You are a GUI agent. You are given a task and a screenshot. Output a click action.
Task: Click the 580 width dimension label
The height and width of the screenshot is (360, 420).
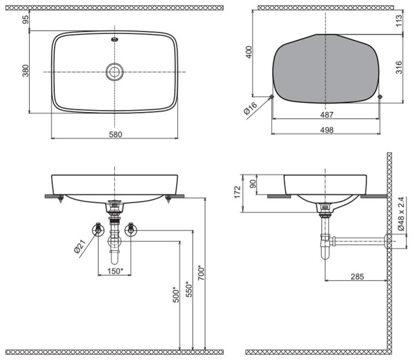115,133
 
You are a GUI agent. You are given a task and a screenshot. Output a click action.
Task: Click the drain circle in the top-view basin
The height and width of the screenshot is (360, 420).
114,71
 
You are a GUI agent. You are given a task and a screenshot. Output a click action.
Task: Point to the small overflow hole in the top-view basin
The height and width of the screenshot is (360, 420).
114,39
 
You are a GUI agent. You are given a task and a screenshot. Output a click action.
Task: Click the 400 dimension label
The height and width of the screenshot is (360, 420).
249,53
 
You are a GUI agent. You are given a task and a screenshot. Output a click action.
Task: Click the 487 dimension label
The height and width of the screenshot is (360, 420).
326,115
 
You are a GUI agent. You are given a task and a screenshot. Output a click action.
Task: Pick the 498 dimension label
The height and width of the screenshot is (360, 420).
326,129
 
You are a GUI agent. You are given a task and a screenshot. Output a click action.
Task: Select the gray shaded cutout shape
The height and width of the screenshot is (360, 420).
326,68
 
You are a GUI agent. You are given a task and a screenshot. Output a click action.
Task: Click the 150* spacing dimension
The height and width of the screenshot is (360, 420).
115,271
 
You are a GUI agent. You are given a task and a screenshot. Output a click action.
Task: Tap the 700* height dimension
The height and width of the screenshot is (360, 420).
201,271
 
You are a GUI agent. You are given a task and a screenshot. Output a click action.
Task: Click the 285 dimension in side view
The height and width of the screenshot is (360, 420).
357,277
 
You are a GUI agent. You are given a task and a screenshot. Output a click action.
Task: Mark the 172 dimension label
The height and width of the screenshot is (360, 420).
237,192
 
